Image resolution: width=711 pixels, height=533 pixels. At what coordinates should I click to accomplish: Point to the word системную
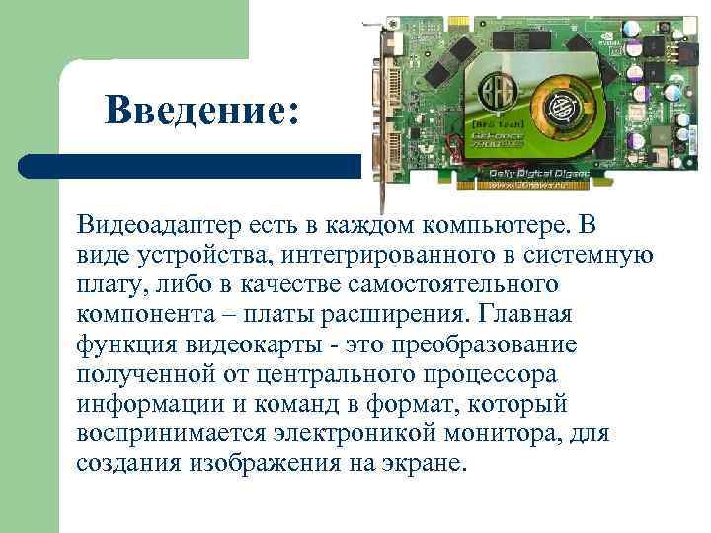click(x=584, y=257)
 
